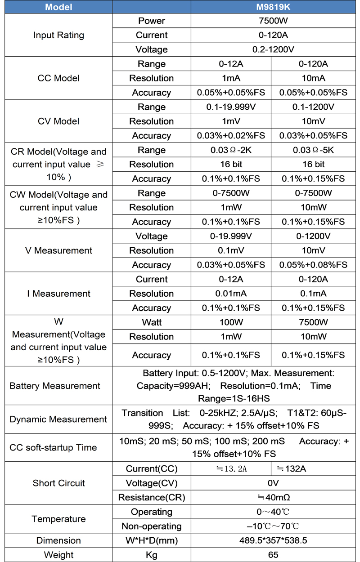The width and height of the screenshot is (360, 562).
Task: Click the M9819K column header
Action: pos(273,7)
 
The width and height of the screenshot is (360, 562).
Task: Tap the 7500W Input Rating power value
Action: pos(273,21)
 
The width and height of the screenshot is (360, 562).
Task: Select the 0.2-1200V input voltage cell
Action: pos(273,49)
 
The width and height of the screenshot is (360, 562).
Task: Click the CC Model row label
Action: pos(58,78)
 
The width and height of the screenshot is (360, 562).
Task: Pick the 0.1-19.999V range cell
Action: pos(231,107)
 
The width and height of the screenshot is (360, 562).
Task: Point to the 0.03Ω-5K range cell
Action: pos(314,150)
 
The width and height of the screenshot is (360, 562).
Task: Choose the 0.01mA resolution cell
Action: pos(231,294)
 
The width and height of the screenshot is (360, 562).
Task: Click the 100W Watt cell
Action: pos(231,322)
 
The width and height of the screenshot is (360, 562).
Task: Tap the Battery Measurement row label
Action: pos(55,386)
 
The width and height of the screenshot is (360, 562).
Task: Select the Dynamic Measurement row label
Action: pos(58,419)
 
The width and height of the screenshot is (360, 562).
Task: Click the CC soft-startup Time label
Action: pos(53,447)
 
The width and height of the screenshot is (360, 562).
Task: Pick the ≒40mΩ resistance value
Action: pos(273,497)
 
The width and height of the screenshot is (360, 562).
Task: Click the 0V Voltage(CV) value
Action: pos(273,483)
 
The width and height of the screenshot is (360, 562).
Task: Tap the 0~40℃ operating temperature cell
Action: pos(273,512)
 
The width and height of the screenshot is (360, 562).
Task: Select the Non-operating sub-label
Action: pos(152,526)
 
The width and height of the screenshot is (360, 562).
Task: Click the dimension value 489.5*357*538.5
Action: pos(273,540)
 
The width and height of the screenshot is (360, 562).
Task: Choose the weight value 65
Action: pos(273,555)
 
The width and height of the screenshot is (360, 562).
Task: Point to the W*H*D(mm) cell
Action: pos(152,540)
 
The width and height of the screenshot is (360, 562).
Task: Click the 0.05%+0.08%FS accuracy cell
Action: pos(314,265)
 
